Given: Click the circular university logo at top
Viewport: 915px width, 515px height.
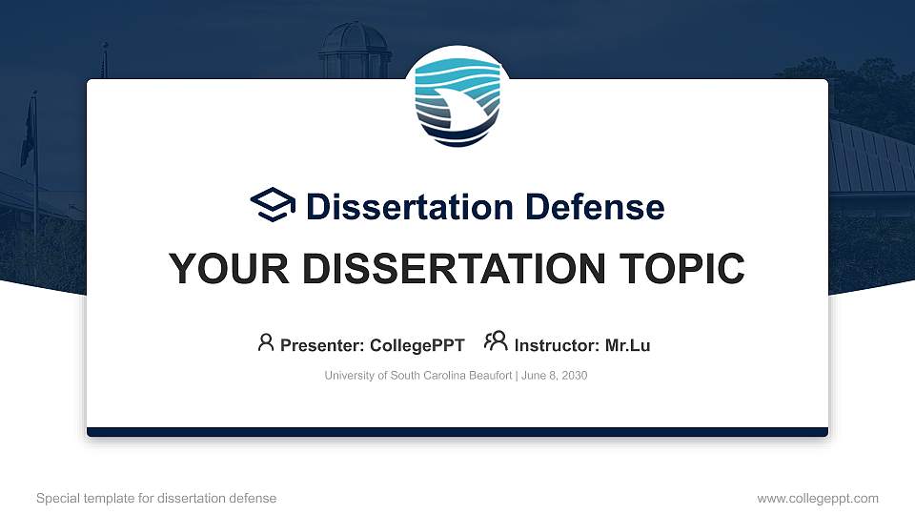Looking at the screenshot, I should [x=457, y=99].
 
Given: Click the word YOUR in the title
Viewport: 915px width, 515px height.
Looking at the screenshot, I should [x=221, y=269].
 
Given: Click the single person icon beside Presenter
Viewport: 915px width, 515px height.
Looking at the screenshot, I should [x=266, y=343].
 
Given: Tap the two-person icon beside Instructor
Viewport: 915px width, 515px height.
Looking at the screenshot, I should [x=496, y=342].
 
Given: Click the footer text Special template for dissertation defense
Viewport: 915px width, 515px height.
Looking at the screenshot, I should [x=156, y=498].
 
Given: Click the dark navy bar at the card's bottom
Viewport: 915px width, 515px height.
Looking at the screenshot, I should [x=457, y=432].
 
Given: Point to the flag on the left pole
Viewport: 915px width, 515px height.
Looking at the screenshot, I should [x=28, y=134].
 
